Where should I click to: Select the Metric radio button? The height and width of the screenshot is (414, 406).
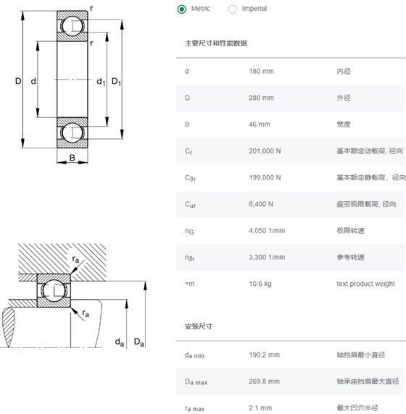click(x=182, y=9)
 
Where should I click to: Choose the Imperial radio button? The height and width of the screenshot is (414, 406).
click(x=233, y=9)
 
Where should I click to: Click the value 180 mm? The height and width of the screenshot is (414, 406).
click(x=261, y=71)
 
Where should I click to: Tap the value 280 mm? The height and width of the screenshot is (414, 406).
click(x=261, y=98)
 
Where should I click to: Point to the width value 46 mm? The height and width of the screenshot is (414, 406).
click(x=260, y=124)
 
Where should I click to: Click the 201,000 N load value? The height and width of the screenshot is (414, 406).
click(x=265, y=151)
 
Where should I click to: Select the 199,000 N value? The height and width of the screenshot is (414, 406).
click(x=265, y=177)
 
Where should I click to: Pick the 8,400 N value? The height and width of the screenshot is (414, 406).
click(x=261, y=204)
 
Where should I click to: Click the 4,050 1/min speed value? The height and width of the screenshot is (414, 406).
click(x=267, y=231)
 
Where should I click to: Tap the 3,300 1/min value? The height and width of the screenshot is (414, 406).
click(x=267, y=257)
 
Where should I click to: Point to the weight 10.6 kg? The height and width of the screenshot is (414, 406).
click(x=260, y=284)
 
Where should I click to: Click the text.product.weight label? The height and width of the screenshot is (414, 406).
click(x=366, y=284)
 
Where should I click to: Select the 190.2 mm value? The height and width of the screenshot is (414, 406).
click(x=264, y=355)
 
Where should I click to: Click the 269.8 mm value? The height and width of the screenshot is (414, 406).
click(x=264, y=381)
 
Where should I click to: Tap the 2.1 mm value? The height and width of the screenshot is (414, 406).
click(x=260, y=408)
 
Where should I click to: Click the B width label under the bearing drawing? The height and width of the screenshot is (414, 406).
click(x=72, y=158)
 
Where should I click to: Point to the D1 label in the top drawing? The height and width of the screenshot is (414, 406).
click(x=116, y=81)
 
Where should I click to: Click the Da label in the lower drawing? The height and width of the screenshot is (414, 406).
click(x=139, y=342)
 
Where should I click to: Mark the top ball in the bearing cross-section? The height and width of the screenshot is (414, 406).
click(x=72, y=26)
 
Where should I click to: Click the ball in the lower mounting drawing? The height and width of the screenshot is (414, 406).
click(x=54, y=291)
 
